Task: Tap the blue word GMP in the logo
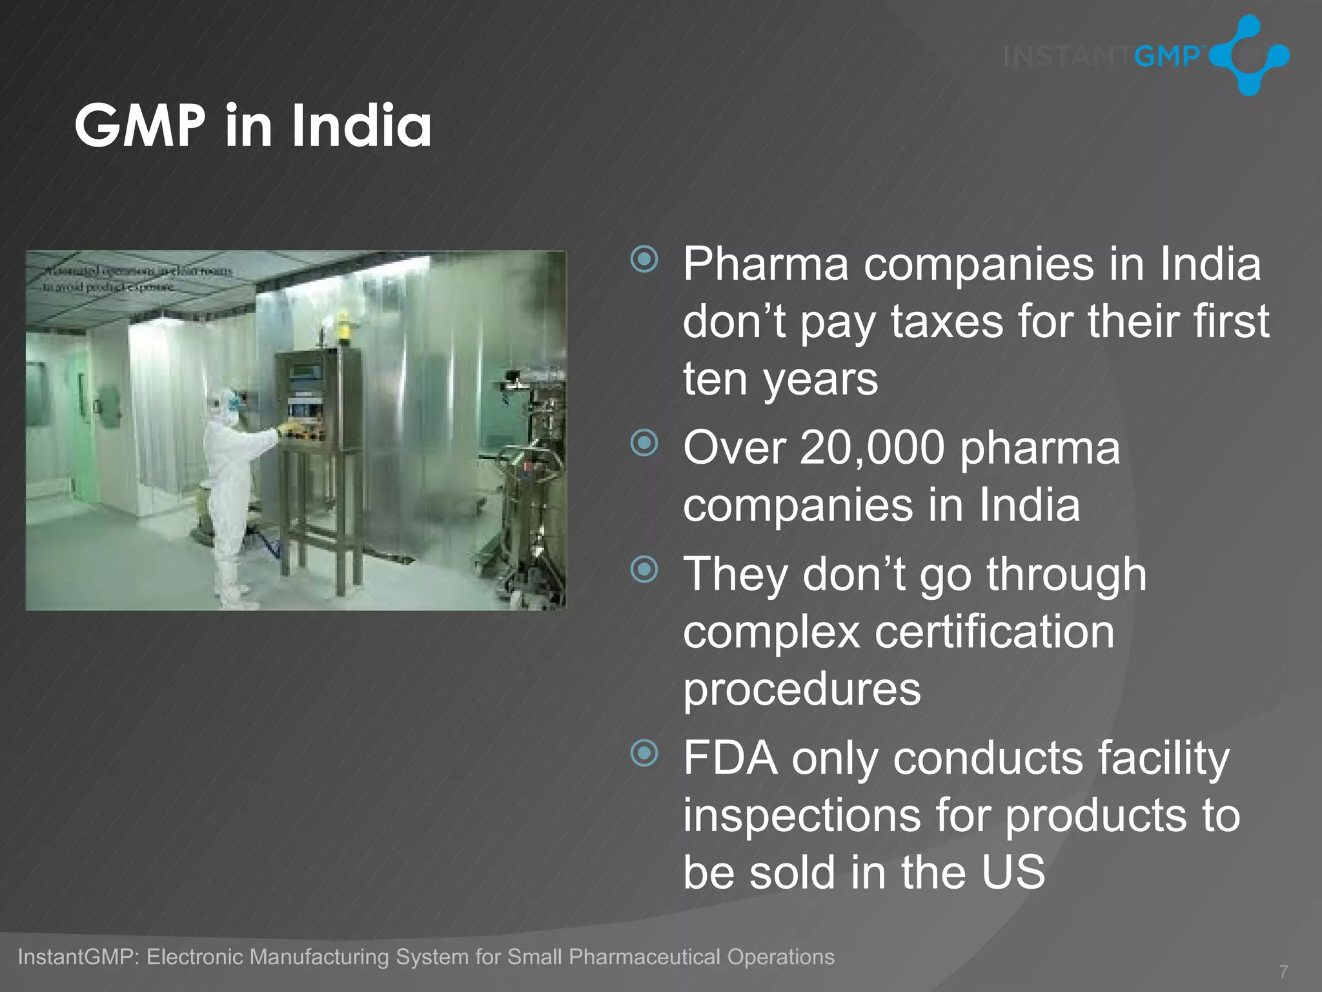(x=1166, y=57)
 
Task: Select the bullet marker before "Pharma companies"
(x=644, y=260)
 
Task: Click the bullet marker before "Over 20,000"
(x=644, y=443)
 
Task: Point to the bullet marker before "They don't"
(x=644, y=569)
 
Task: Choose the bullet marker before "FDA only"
(x=644, y=752)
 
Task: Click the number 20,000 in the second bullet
(x=871, y=448)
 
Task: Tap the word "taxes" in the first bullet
(x=947, y=322)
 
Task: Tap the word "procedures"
(x=802, y=689)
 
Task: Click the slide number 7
(x=1283, y=971)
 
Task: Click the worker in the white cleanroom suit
(x=230, y=491)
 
